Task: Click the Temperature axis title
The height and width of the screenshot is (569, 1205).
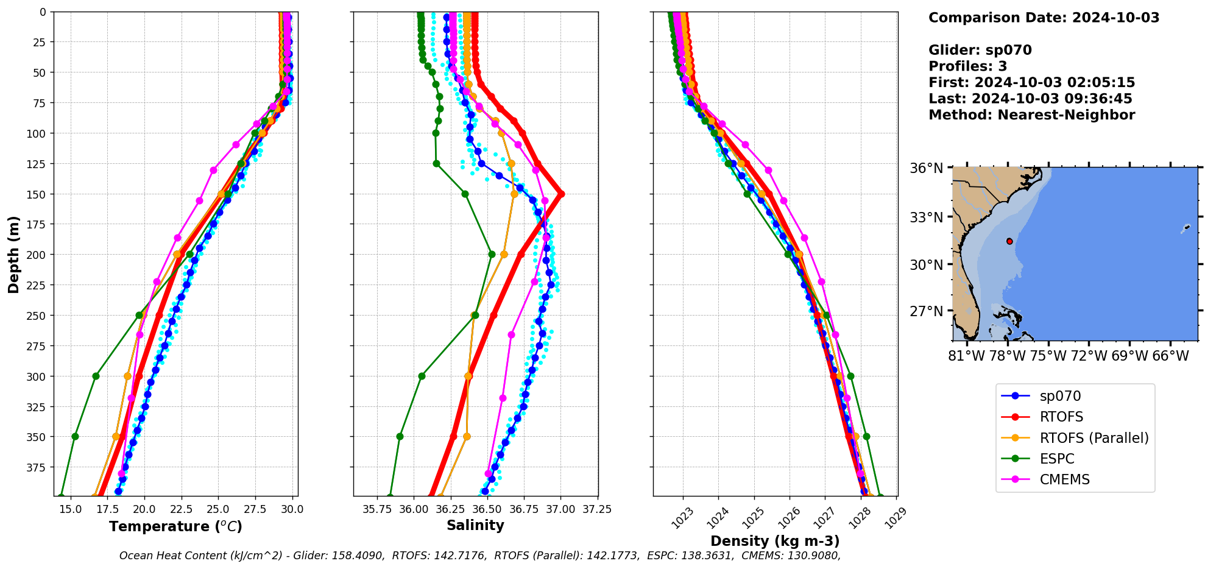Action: click(x=175, y=526)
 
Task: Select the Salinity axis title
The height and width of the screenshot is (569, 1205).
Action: click(x=475, y=525)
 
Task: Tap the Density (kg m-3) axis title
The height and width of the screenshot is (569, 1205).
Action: click(x=775, y=541)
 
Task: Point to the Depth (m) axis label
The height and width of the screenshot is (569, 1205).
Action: click(x=14, y=254)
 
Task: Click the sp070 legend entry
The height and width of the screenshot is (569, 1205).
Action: click(x=1060, y=396)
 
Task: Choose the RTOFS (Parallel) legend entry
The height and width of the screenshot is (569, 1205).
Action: click(x=1094, y=438)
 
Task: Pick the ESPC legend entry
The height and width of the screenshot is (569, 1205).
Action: click(x=1056, y=459)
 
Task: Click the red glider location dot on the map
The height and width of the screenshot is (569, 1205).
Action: click(x=1009, y=241)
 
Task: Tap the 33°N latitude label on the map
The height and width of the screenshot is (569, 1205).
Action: click(x=927, y=217)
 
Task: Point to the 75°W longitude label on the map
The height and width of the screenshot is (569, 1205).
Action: click(x=1047, y=356)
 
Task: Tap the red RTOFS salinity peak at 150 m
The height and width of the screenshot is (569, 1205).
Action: click(x=560, y=194)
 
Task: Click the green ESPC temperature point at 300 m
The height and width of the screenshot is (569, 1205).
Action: click(x=96, y=376)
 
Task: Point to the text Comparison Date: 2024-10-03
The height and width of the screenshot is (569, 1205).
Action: click(x=1044, y=18)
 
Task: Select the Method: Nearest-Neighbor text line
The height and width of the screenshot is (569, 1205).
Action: click(x=1031, y=115)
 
